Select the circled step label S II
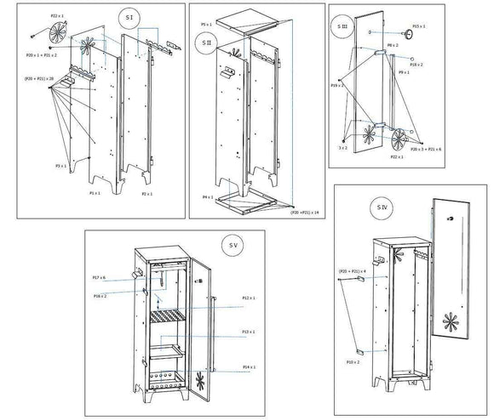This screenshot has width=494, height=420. click(205, 41)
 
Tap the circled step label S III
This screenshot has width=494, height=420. click(342, 28)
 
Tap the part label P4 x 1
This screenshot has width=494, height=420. click(207, 197)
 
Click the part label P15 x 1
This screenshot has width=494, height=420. click(418, 27)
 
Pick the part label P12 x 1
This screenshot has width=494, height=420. click(248, 298)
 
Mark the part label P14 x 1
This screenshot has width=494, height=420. click(248, 367)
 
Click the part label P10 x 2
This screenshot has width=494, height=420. click(353, 361)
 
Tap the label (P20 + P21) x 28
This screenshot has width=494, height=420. click(39, 78)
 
